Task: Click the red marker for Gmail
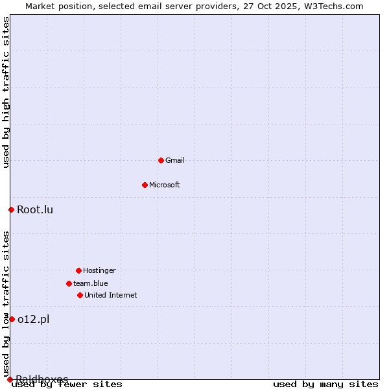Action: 161,160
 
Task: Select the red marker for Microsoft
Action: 145,185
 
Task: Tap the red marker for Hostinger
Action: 78,270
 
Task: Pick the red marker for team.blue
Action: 69,283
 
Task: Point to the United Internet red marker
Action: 80,295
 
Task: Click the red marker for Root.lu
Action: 11,209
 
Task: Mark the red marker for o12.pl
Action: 12,319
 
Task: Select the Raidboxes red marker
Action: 10,379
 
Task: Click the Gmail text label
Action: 175,160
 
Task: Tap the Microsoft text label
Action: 165,185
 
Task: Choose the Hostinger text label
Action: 99,270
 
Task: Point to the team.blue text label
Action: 91,283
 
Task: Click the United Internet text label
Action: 111,295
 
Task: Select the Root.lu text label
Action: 35,209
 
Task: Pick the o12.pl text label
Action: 33,319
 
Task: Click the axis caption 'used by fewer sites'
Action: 67,384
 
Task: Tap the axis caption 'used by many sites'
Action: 325,384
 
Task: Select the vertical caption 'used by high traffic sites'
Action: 6,92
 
